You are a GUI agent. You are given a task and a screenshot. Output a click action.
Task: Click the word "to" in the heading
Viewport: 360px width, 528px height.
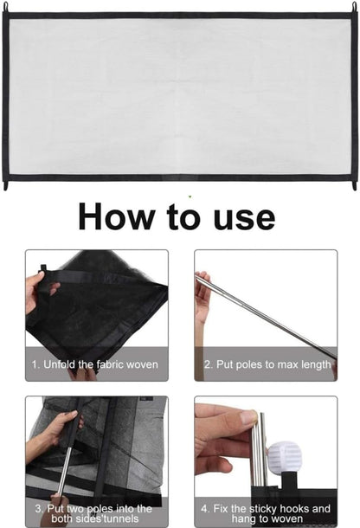[x=183, y=217]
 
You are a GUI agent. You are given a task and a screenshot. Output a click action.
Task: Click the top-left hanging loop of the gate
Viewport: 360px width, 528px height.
[x=5, y=7]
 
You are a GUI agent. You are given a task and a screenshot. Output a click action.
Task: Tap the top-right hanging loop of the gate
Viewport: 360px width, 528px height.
[x=354, y=7]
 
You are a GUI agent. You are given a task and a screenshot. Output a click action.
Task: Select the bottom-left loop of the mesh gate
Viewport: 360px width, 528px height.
[x=5, y=185]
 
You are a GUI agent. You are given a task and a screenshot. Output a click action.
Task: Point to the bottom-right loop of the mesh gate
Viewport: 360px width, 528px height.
[x=354, y=185]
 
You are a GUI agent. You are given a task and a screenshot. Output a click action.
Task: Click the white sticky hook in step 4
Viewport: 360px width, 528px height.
[x=284, y=458]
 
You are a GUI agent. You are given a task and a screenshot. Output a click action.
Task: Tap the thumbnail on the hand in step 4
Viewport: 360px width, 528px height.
[x=248, y=417]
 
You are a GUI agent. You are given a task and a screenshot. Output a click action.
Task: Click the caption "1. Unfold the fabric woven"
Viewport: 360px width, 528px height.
[x=94, y=364]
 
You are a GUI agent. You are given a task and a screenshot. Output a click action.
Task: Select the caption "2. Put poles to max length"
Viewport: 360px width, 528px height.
[x=267, y=364]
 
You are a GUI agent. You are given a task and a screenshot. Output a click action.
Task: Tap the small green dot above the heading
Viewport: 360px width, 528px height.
[x=190, y=196]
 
